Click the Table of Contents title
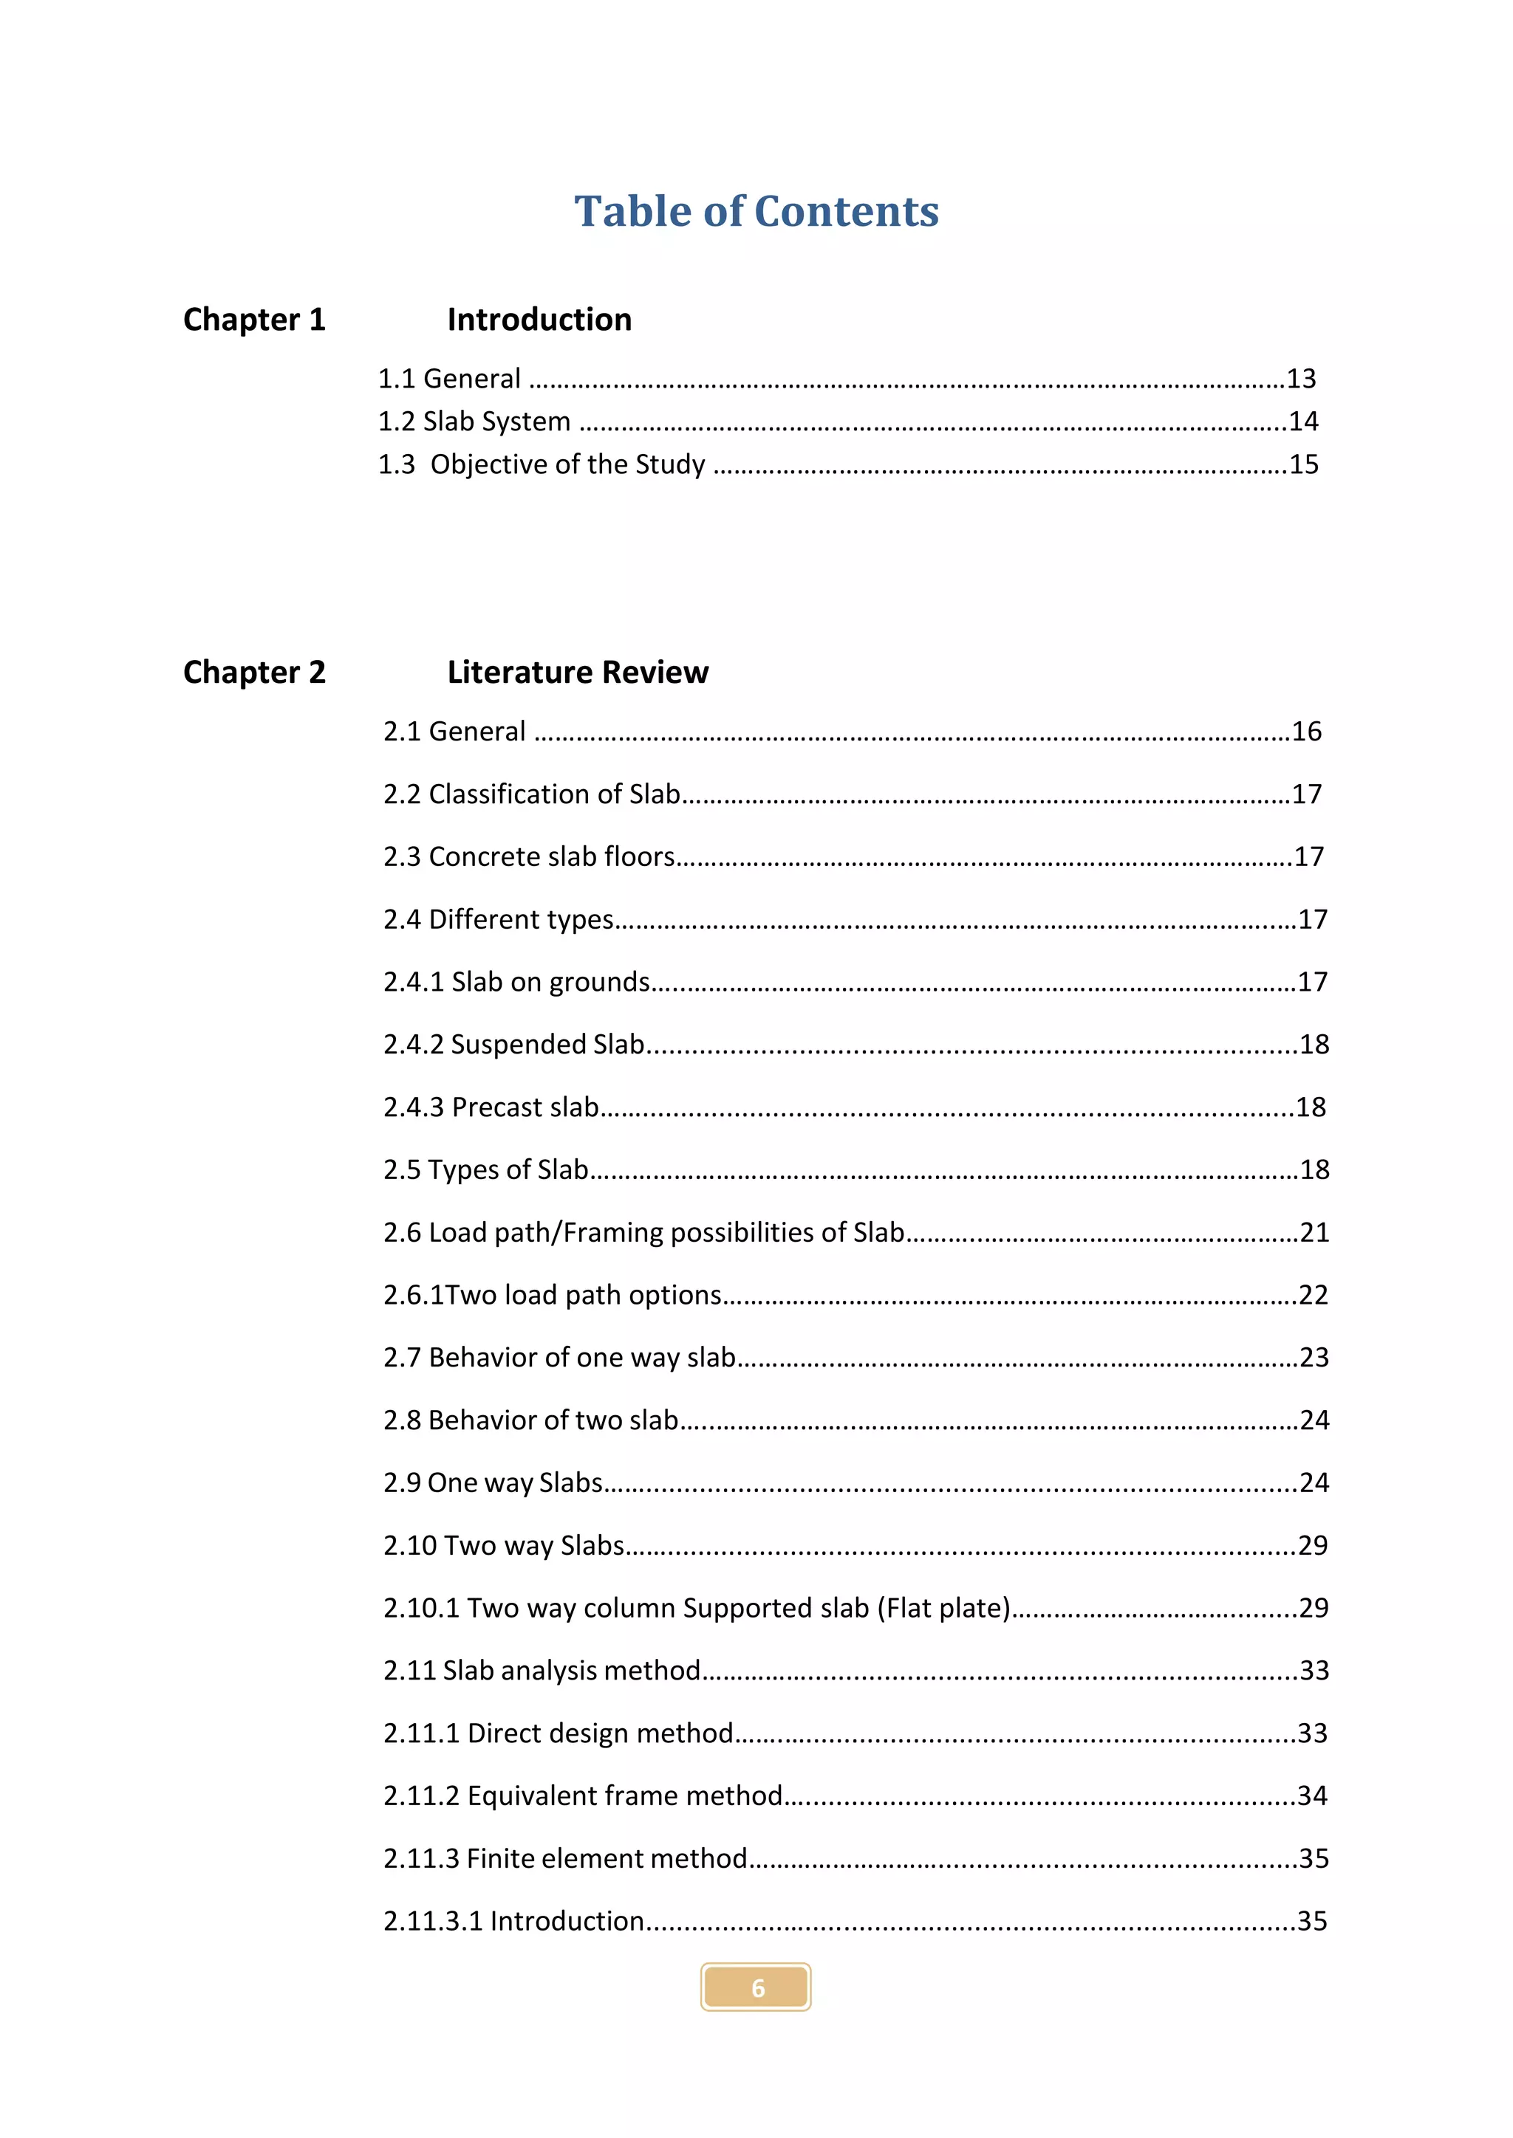coord(756,211)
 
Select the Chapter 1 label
coord(253,320)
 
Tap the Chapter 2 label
coord(253,673)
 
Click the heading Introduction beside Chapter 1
coord(539,320)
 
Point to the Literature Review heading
coord(578,673)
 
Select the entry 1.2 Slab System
coord(474,422)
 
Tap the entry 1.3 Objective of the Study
coord(542,464)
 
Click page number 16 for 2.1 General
coord(1306,732)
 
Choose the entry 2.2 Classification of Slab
coord(531,794)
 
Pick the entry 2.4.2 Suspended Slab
coord(513,1045)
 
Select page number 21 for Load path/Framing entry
coord(1314,1233)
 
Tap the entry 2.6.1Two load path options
coord(553,1296)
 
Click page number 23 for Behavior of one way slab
coord(1314,1358)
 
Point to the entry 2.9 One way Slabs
coord(493,1482)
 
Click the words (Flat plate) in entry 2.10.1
coord(943,1608)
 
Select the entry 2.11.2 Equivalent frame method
coord(582,1795)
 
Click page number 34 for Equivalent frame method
coord(1312,1795)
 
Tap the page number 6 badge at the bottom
coord(756,1988)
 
